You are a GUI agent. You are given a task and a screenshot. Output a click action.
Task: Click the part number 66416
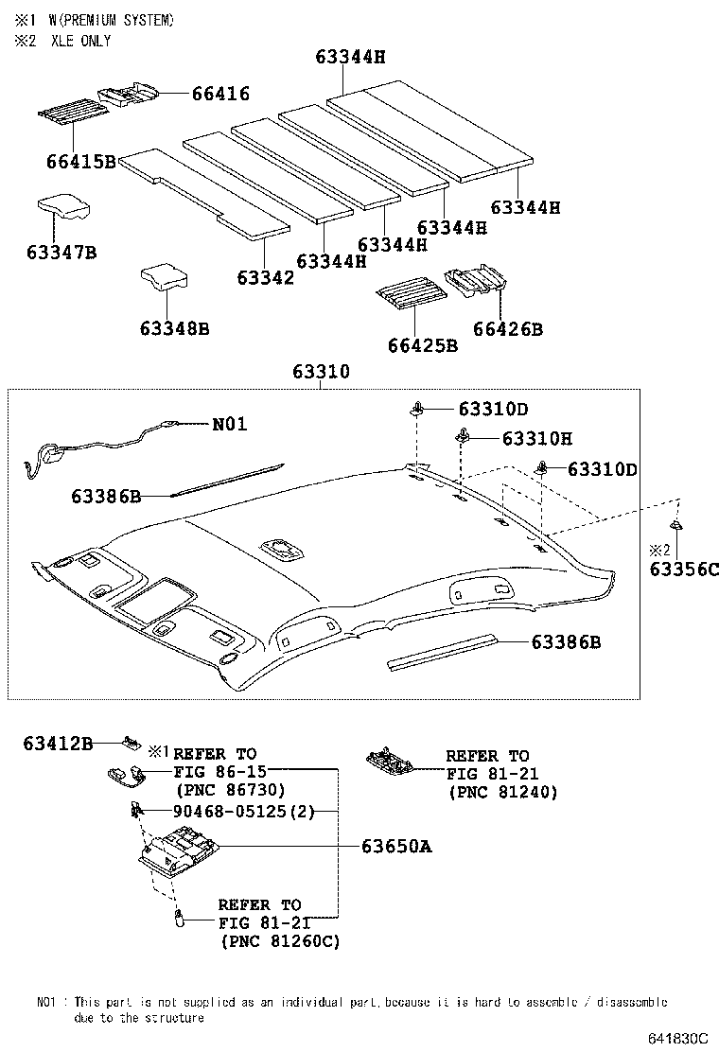tap(219, 93)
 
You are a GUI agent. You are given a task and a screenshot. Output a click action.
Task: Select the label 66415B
tap(79, 162)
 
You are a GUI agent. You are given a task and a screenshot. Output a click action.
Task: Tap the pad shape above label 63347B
tap(64, 207)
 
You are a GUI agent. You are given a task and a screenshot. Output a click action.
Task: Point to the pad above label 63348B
tap(163, 276)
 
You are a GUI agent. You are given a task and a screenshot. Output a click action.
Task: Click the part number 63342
tap(265, 277)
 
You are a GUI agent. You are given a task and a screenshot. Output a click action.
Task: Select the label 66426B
tap(508, 328)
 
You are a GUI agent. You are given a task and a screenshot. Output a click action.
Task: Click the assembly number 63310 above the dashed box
tap(319, 372)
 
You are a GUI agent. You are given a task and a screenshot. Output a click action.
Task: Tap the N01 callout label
tap(229, 424)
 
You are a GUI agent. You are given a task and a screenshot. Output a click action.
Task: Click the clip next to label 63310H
tap(464, 436)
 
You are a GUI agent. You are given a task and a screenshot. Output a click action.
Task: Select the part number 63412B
tap(58, 745)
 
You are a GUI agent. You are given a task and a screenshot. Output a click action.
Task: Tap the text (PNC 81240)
tap(503, 792)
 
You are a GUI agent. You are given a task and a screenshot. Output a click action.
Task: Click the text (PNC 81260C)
tap(279, 941)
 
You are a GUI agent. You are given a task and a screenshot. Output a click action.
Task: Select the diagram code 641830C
tap(677, 1038)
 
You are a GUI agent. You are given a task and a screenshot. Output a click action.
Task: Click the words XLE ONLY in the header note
tap(80, 41)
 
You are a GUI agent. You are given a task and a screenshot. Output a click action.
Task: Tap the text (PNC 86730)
tap(230, 789)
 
